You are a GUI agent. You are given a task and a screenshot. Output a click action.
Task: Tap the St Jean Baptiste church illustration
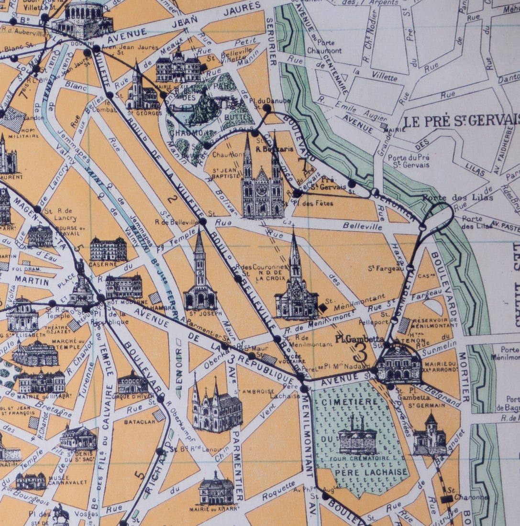point(262,184)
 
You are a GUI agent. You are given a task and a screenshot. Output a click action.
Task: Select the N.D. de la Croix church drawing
point(296,287)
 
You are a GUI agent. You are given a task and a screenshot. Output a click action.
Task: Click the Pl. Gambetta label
point(354,339)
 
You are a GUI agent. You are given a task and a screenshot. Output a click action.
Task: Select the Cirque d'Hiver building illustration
point(133,383)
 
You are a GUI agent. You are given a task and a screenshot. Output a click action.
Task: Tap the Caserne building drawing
point(108,249)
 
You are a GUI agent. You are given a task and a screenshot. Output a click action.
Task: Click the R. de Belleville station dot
point(203,221)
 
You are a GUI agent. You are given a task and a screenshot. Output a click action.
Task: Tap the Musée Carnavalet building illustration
point(31,481)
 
